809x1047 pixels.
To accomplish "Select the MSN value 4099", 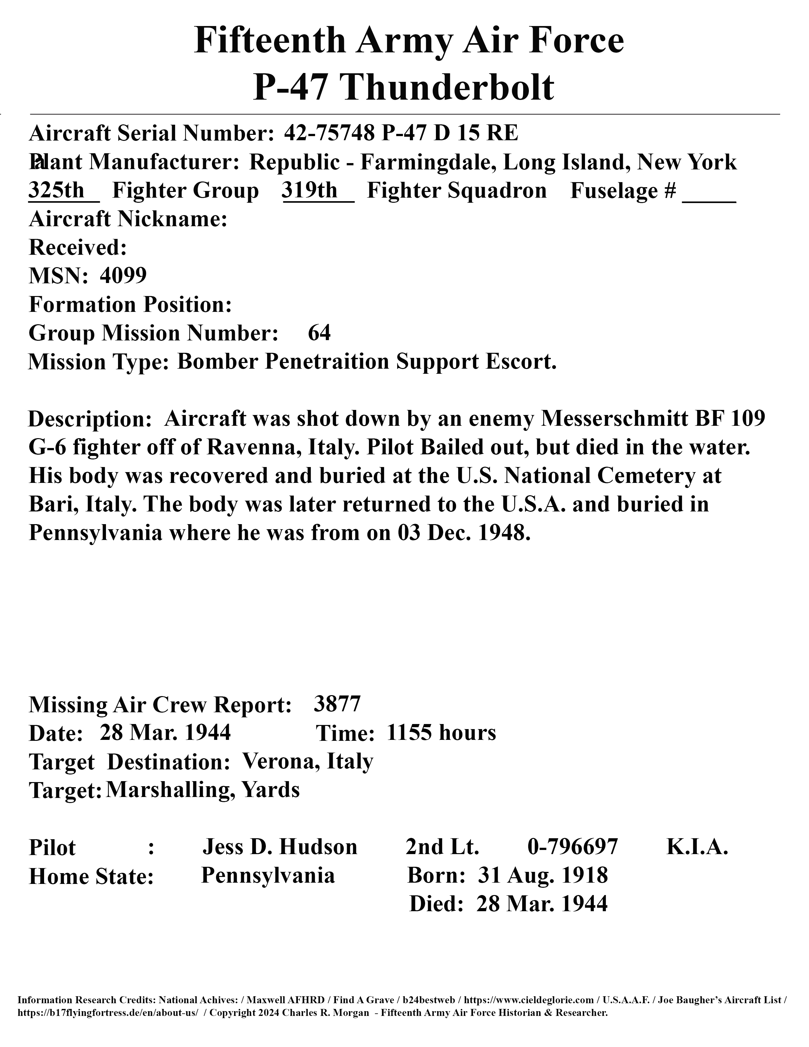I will pyautogui.click(x=123, y=276).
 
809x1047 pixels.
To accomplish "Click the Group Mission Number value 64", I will pyautogui.click(x=319, y=333).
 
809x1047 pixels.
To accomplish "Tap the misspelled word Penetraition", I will pyautogui.click(x=326, y=361).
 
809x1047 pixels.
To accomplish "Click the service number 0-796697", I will pyautogui.click(x=573, y=847).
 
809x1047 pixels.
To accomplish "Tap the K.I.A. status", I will pyautogui.click(x=697, y=847).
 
